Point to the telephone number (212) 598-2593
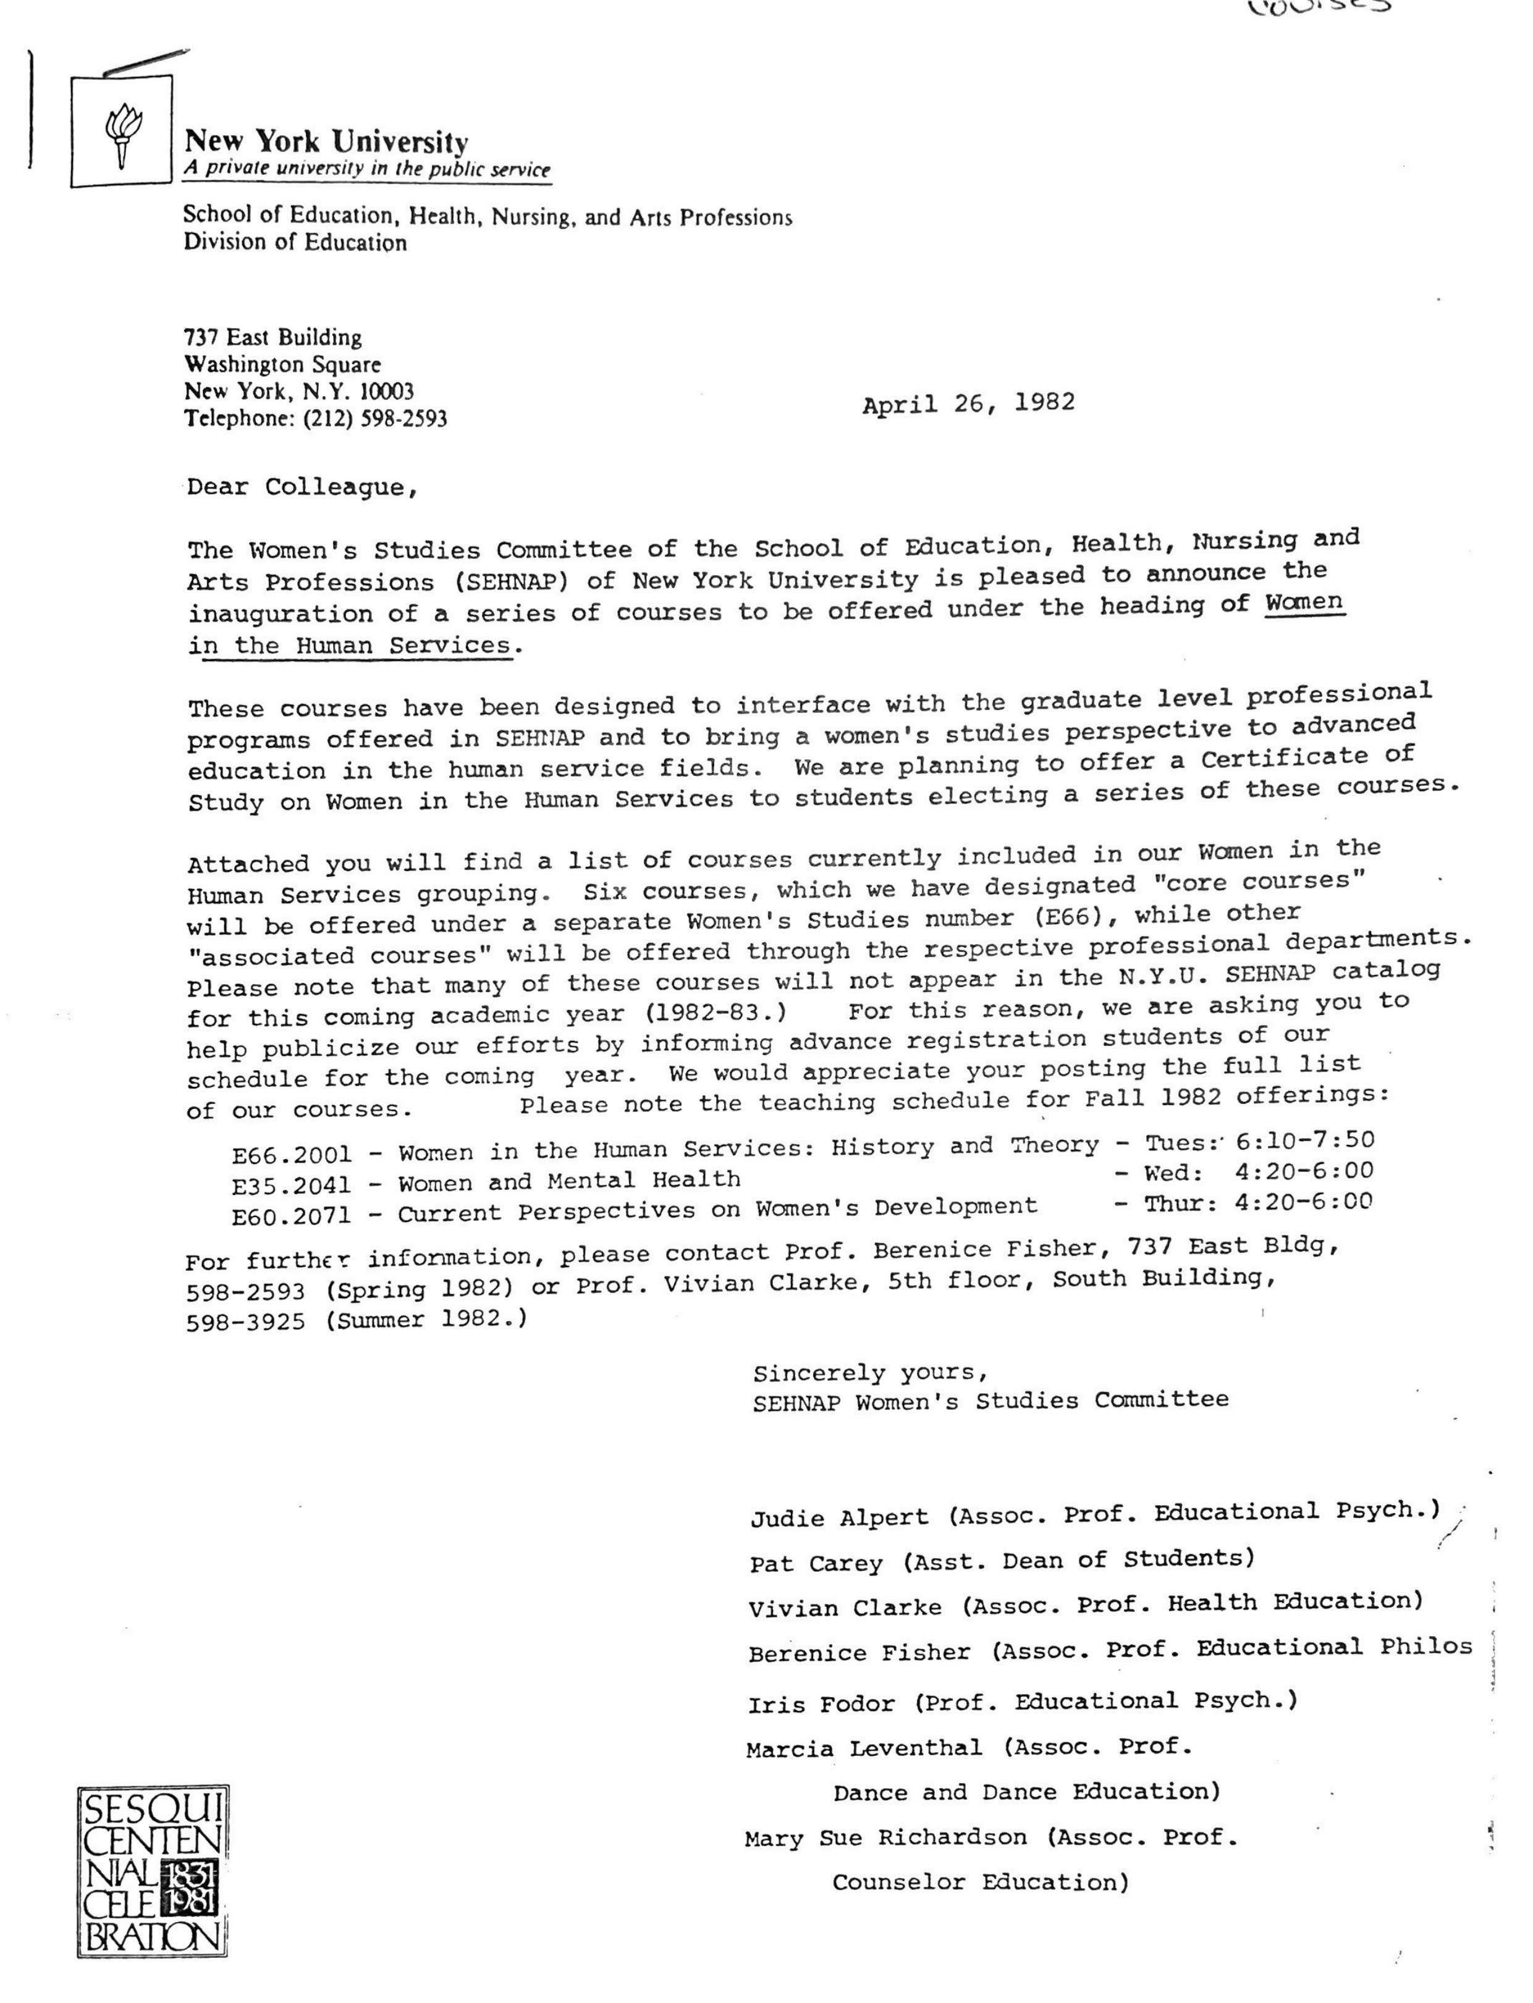375,419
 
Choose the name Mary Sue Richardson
885,1838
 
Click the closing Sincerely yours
869,1372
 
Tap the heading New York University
327,141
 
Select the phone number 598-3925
245,1322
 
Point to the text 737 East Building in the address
273,337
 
